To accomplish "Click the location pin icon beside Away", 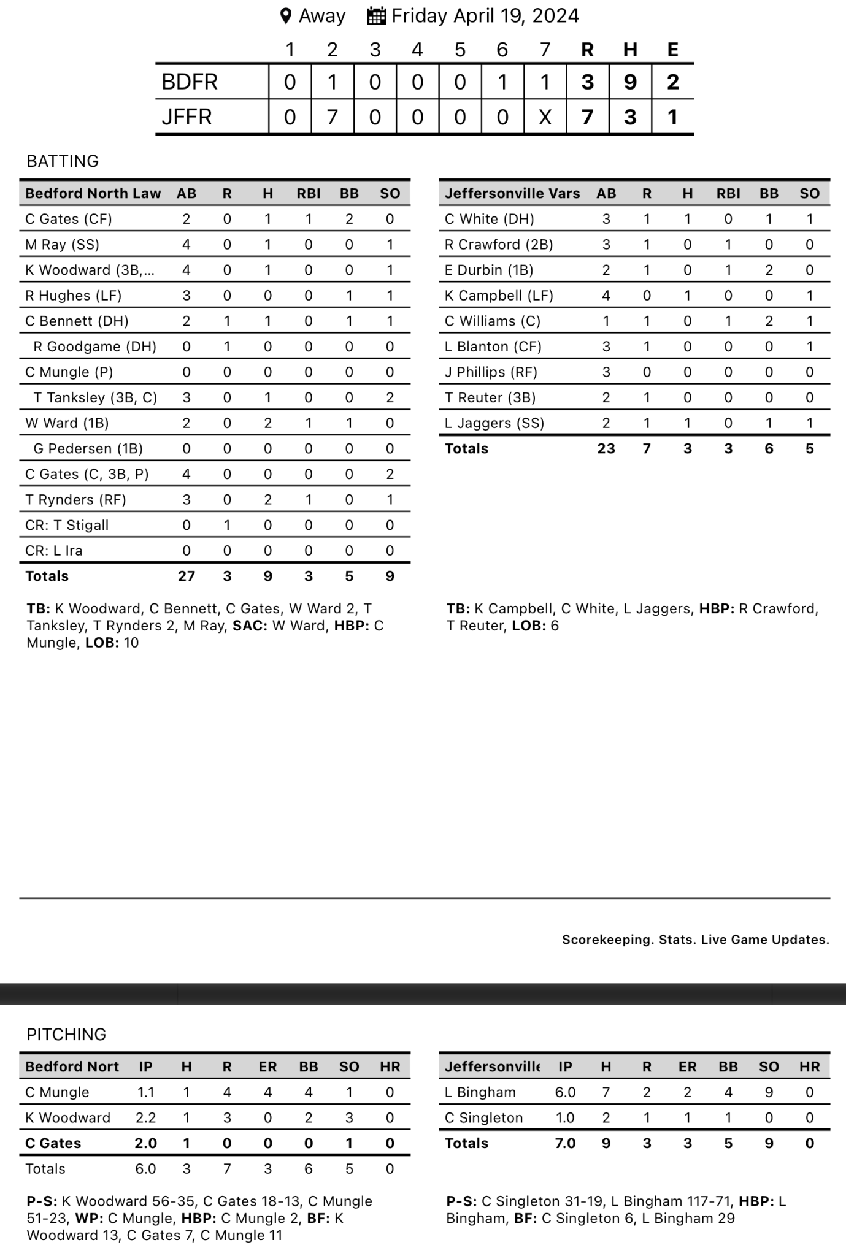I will [x=285, y=16].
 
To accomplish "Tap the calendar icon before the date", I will [x=376, y=16].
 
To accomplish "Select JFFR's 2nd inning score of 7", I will [x=333, y=117].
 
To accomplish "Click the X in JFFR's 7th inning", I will [x=545, y=117].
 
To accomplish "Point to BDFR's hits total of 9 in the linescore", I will [x=630, y=82].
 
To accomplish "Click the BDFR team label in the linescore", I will [x=190, y=82].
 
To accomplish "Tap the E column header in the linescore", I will [x=673, y=50].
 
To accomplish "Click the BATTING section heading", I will [x=63, y=161].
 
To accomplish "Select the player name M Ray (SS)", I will [x=62, y=245].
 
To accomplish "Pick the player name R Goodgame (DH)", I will [x=94, y=347].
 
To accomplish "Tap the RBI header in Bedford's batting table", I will [x=309, y=194].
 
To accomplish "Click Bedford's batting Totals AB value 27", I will [x=187, y=576].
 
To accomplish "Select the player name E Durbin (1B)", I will [x=489, y=270].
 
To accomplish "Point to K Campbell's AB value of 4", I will [x=606, y=296].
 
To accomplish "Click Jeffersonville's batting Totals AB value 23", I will [x=606, y=448].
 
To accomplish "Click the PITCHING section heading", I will [x=66, y=1034].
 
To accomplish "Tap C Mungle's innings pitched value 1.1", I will [x=145, y=1092].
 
